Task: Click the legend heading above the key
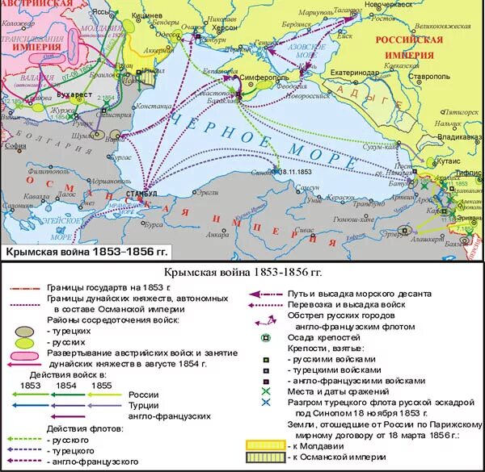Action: tap(242, 274)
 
